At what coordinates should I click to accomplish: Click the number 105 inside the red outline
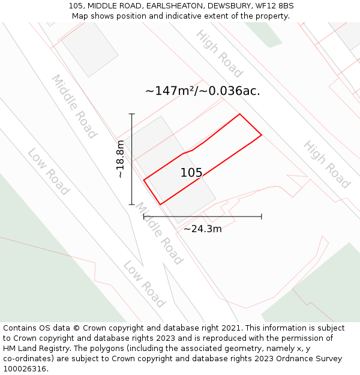coord(191,173)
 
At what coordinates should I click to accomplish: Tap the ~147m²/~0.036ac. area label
coord(203,91)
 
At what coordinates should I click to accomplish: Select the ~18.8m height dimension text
coord(120,158)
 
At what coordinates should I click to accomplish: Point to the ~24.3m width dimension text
coord(202,229)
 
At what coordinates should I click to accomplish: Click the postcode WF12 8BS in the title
coord(274,6)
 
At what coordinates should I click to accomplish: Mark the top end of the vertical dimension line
coord(132,114)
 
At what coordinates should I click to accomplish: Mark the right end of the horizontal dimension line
coord(262,217)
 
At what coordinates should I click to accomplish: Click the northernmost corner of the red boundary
coord(240,114)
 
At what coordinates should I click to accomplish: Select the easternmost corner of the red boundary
coord(262,135)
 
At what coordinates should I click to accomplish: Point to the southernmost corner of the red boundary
coord(160,205)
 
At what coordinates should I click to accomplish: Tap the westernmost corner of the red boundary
coord(144,179)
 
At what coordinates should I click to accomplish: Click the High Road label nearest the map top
coord(219,54)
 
